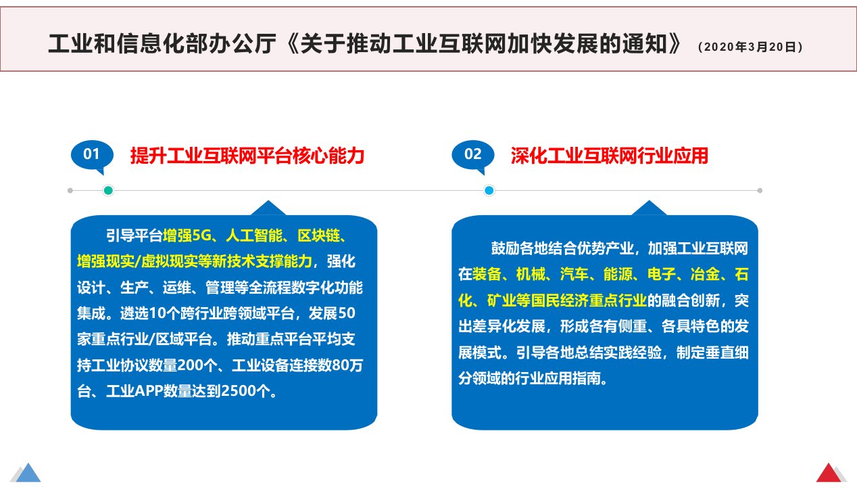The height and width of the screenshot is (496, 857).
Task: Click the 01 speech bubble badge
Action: point(92,156)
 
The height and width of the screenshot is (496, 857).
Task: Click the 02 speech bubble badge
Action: point(473,156)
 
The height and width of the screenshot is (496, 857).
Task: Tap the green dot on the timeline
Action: point(108,190)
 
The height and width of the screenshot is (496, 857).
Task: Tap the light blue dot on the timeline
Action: point(489,190)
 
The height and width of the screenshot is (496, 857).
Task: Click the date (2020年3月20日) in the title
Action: point(750,47)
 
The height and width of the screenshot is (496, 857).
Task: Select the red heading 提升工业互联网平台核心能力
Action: point(247,156)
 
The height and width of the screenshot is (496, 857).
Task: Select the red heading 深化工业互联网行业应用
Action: point(610,156)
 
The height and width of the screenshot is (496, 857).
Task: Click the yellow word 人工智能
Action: point(254,235)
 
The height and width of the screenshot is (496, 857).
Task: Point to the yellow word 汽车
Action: point(574,274)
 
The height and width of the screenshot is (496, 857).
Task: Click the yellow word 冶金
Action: point(705,274)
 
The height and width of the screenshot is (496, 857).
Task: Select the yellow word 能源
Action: point(618,274)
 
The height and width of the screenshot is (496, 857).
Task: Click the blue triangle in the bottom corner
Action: point(28,474)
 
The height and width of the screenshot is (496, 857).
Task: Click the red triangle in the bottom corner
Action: point(829,474)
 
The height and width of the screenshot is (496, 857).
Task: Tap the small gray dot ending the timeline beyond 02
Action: point(760,190)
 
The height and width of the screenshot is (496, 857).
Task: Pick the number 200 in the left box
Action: point(191,365)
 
